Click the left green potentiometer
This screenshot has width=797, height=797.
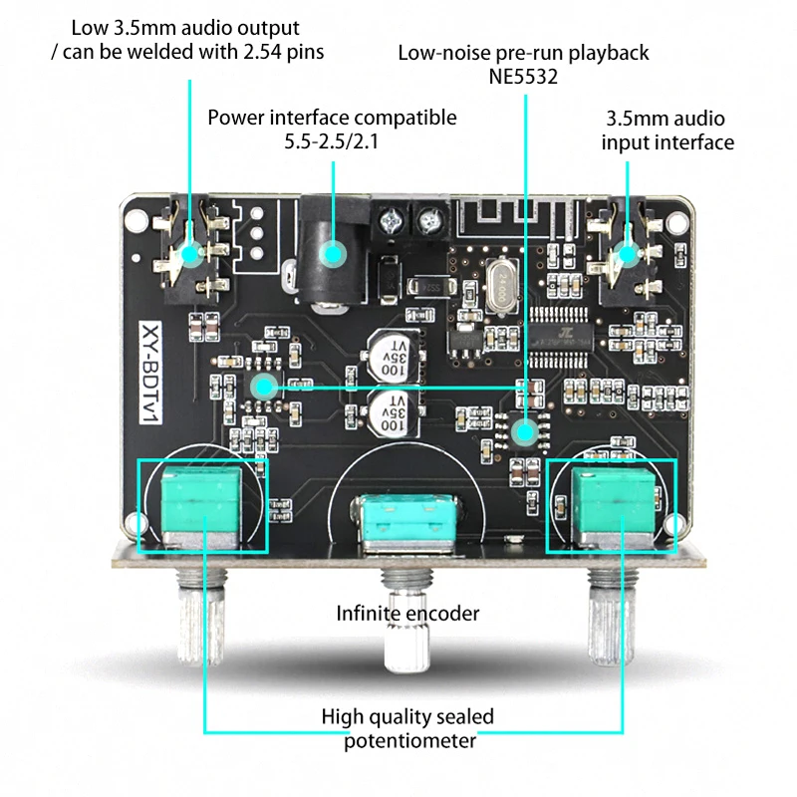[x=203, y=504]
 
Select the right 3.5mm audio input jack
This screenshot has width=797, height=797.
[x=625, y=253]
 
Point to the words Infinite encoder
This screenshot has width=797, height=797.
[x=407, y=614]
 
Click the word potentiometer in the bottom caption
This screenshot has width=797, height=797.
[x=409, y=740]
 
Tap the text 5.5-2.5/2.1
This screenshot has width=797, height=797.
[x=331, y=141]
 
